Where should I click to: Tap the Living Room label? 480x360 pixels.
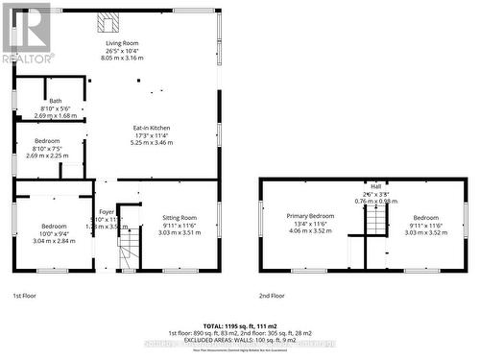[x=122, y=44]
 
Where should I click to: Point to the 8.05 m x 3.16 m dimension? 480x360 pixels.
[x=122, y=59]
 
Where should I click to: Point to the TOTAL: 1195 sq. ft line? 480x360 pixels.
[x=239, y=327]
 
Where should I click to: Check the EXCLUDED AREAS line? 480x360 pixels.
[x=239, y=340]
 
